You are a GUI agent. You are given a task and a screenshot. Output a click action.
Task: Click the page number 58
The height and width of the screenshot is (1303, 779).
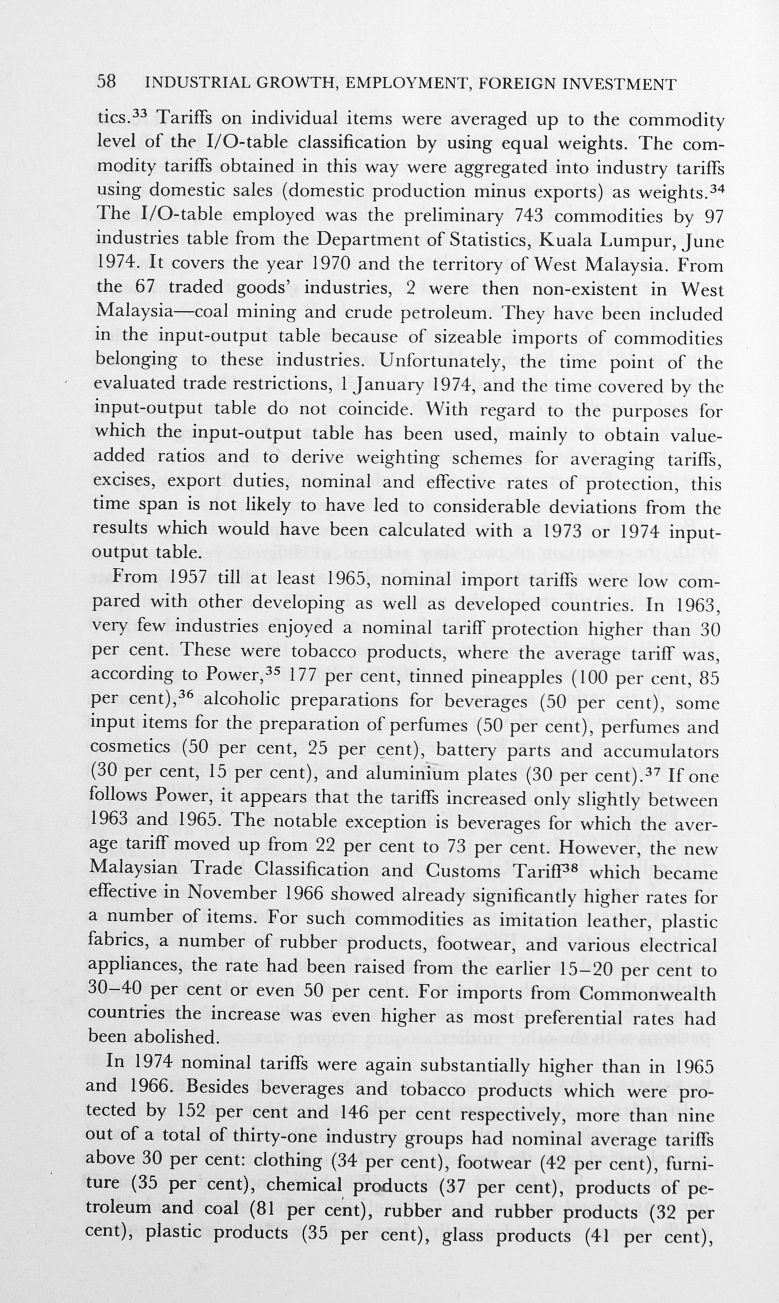point(106,82)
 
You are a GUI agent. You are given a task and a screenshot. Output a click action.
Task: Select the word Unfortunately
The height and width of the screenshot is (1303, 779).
point(437,362)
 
